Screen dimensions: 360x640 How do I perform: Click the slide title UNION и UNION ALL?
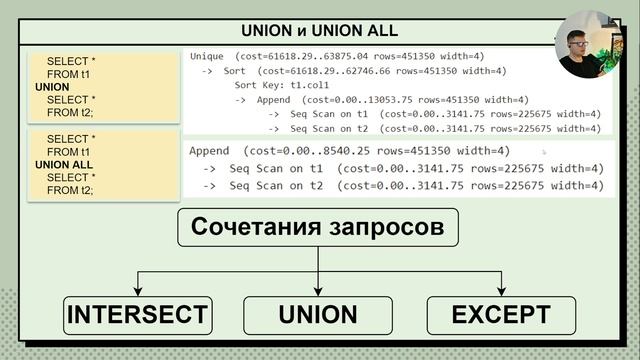click(318, 30)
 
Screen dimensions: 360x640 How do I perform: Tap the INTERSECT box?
click(138, 315)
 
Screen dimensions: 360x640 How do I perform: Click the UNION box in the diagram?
click(318, 315)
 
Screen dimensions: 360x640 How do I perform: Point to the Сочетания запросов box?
click(318, 228)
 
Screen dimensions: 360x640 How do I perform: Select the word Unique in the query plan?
click(207, 56)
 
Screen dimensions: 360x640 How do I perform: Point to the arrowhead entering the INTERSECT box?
click(138, 292)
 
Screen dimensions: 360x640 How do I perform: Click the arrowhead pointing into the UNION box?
click(318, 292)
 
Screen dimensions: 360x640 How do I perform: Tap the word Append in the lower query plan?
click(212, 151)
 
